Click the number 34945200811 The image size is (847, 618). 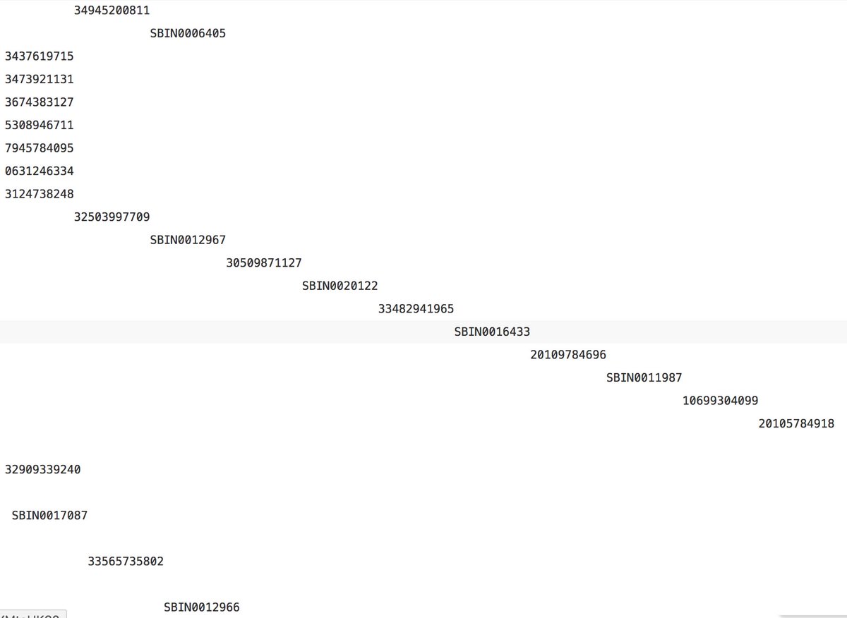coord(112,11)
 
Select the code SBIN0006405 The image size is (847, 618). coord(188,33)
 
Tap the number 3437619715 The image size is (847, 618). coord(39,56)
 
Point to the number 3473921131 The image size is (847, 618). coord(39,79)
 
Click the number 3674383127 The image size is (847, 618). coord(39,102)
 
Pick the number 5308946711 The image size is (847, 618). coord(39,125)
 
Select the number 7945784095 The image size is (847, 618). coord(39,148)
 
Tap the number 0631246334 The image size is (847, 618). coord(39,171)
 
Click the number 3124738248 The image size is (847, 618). coord(39,194)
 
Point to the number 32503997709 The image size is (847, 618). coord(112,217)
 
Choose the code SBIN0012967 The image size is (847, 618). coord(188,240)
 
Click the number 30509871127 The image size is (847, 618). coord(264,263)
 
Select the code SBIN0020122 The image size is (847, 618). coord(340,286)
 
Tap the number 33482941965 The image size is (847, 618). coord(416,309)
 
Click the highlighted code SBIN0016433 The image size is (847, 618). coord(492,332)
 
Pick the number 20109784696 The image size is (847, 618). coord(567,355)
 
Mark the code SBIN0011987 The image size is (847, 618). coord(644,377)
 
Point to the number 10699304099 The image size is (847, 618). coord(720,401)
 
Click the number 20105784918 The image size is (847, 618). coord(796,423)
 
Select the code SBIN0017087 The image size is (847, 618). coord(49,516)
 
